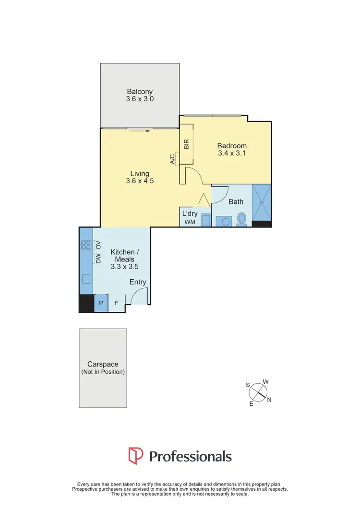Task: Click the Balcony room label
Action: point(140,92)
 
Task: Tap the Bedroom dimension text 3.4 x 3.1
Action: point(232,154)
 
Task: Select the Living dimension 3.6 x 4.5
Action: point(140,181)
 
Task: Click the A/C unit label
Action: point(172,159)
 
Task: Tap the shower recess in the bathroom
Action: point(262,203)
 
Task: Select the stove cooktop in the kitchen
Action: point(86,245)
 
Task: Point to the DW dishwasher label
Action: point(98,260)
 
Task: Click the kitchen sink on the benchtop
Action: point(86,278)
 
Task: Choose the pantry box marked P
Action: point(101,303)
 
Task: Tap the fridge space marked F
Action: point(117,303)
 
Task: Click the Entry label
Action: point(138,282)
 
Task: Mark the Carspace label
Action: point(103,365)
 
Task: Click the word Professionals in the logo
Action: point(191,456)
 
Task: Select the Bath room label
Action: point(236,201)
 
